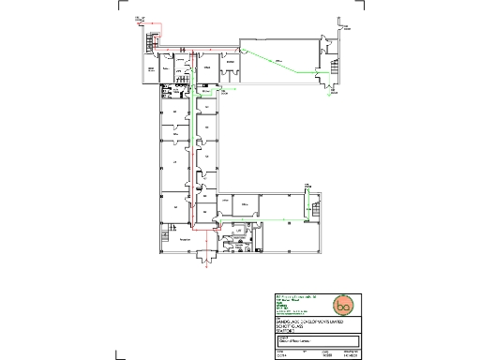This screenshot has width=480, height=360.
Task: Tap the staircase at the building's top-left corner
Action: click(150, 42)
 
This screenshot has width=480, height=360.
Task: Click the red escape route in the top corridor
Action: click(197, 50)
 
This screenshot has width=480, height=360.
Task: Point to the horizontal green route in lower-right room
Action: click(281, 218)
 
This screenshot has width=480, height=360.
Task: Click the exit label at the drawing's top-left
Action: click(139, 19)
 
